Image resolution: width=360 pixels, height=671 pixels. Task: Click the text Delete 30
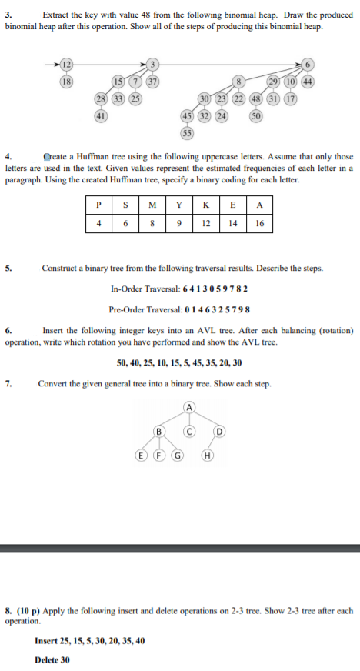tap(52, 659)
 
